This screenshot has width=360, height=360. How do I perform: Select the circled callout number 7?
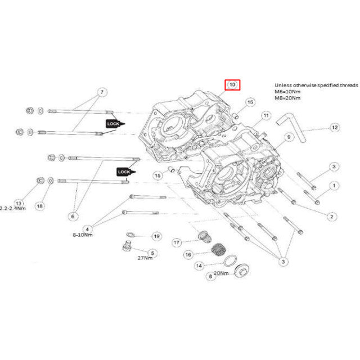point(102,92)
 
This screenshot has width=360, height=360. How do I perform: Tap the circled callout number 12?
point(335,128)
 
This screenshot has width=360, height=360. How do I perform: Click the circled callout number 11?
point(265,116)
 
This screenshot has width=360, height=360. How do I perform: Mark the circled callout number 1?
point(334,184)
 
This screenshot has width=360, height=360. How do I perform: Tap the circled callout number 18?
point(39,206)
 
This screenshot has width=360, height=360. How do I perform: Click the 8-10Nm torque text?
point(82,235)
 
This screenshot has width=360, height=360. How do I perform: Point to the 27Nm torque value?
point(145,258)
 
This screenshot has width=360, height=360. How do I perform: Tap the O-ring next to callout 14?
point(229,260)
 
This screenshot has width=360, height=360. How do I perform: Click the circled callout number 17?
point(177,242)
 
